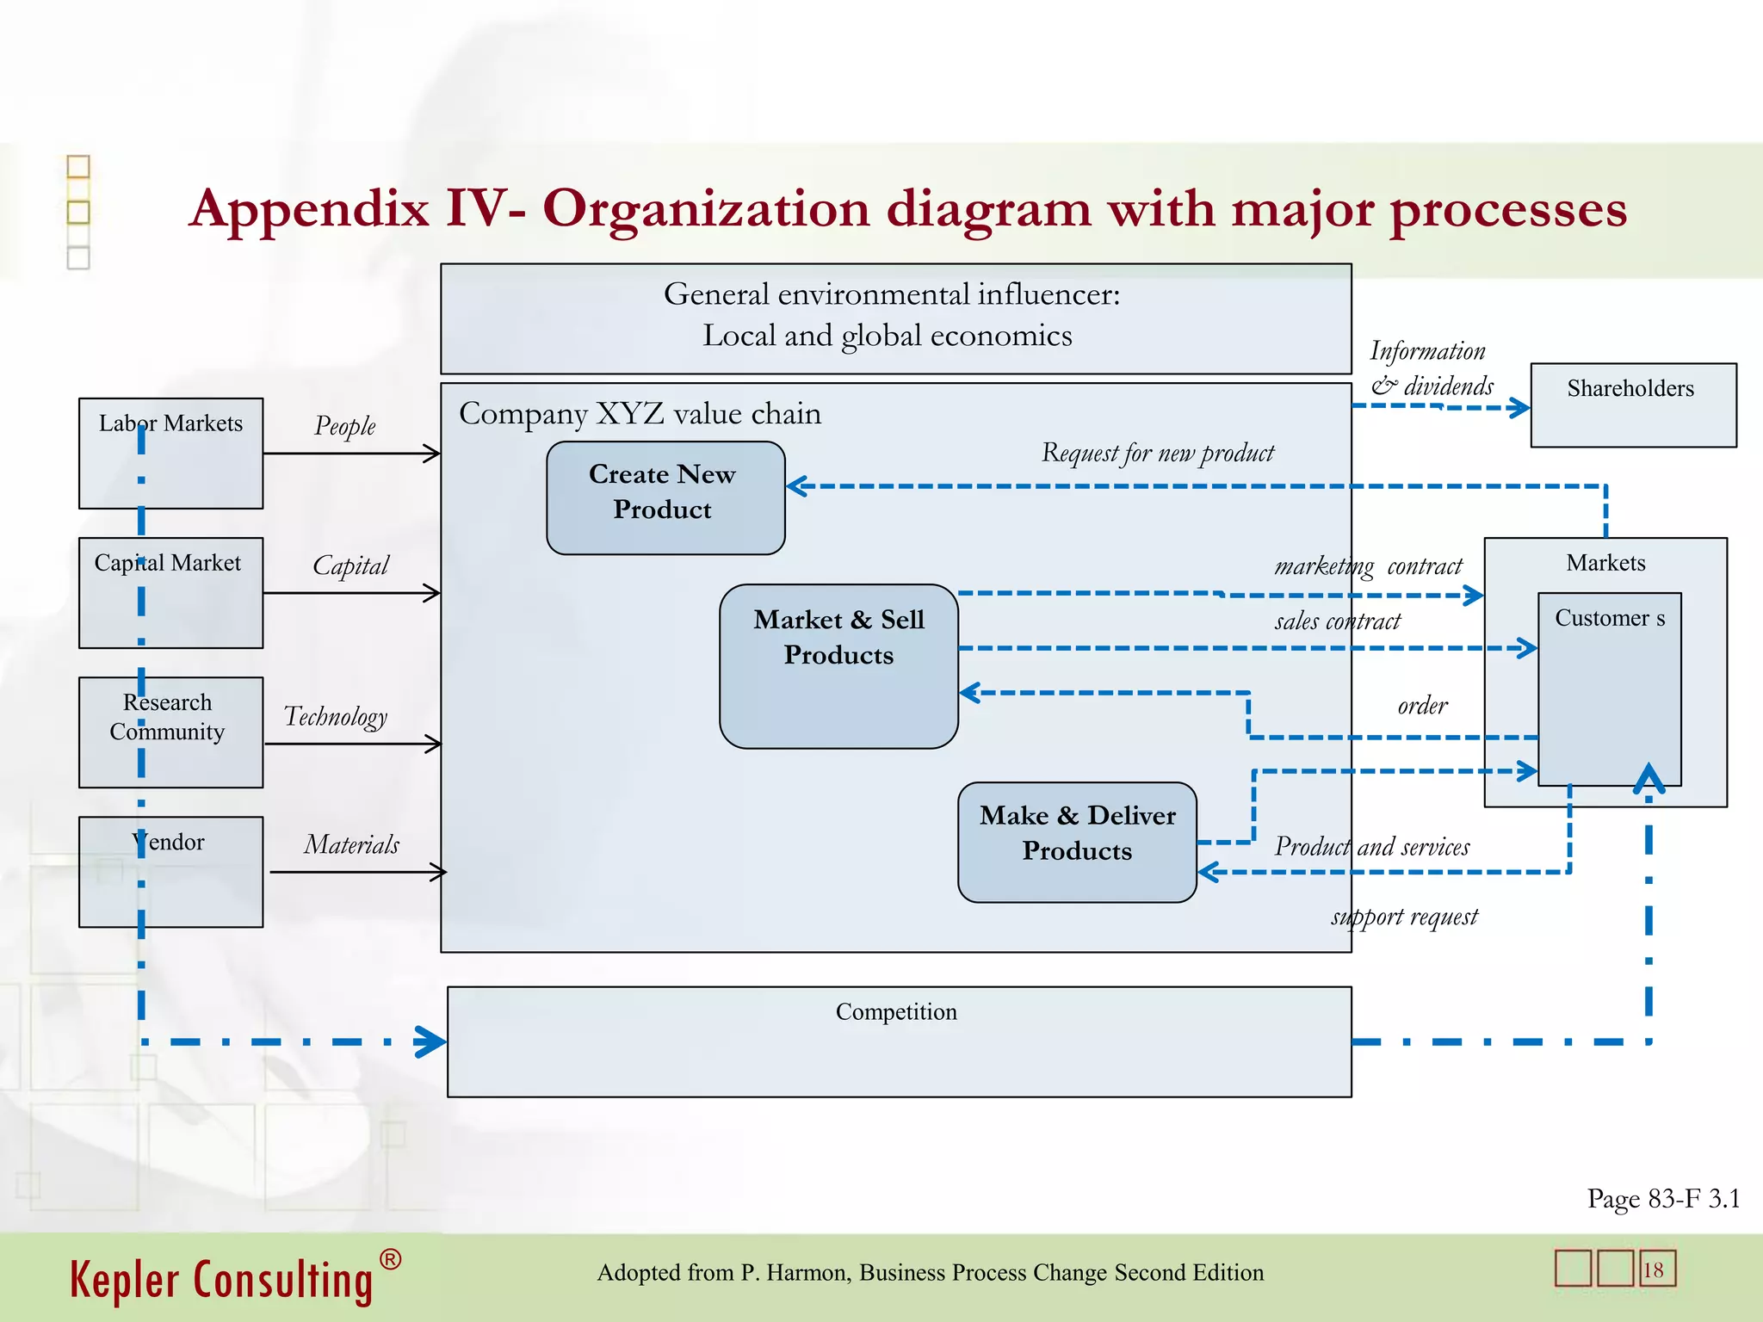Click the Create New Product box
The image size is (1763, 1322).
[x=665, y=497]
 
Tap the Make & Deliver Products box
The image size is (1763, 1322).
[x=1076, y=841]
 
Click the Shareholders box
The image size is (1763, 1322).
[x=1632, y=405]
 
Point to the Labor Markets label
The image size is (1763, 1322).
[x=170, y=423]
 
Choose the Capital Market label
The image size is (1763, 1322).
[x=168, y=563]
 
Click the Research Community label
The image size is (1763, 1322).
[x=167, y=716]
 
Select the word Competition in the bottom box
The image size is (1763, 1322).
[x=895, y=1011]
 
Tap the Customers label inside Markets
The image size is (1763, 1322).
[x=1609, y=618]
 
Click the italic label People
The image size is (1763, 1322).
[x=344, y=426]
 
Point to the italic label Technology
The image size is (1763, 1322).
[x=336, y=716]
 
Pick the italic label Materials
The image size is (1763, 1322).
[x=351, y=844]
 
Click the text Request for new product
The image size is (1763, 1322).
[x=1157, y=453]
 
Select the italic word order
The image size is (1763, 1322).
[x=1422, y=706]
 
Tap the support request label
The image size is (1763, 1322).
[x=1404, y=917]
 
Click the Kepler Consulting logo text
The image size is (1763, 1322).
[x=222, y=1280]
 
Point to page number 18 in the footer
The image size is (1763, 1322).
[x=1653, y=1270]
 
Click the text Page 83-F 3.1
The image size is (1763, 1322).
[x=1663, y=1198]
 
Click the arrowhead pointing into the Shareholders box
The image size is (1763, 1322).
[x=1521, y=408]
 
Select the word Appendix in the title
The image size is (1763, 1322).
[x=310, y=209]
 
